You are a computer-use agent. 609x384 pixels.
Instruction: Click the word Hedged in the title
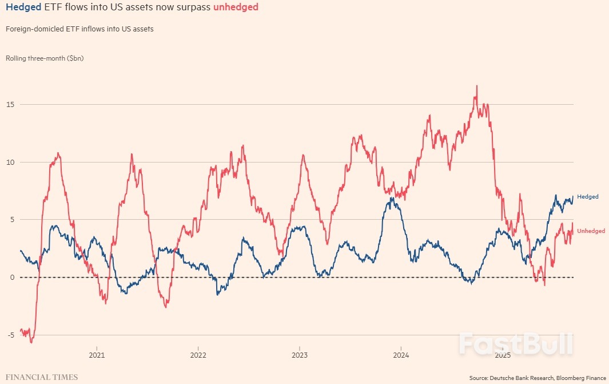23,7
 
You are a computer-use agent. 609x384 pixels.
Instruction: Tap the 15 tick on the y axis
10,105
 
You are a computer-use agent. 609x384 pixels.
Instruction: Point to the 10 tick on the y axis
10,163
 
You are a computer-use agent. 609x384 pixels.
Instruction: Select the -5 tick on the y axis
10,335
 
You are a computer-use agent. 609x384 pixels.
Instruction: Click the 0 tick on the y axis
12,278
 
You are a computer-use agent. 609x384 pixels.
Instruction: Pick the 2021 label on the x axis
97,355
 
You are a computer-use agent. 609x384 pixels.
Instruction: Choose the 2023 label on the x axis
299,355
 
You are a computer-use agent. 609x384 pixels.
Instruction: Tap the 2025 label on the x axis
502,355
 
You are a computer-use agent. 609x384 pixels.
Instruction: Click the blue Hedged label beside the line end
588,197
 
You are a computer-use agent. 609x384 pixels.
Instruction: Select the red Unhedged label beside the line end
591,231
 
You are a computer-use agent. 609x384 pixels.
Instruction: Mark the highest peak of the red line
477,86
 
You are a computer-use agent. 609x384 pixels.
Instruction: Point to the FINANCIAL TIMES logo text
42,378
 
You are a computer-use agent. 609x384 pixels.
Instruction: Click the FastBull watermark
515,343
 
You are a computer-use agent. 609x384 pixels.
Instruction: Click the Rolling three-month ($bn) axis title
45,58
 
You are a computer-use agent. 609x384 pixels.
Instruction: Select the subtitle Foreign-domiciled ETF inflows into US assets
79,29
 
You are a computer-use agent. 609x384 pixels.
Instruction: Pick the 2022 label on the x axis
198,355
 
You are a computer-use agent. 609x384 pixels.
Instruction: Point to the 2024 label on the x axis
401,355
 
